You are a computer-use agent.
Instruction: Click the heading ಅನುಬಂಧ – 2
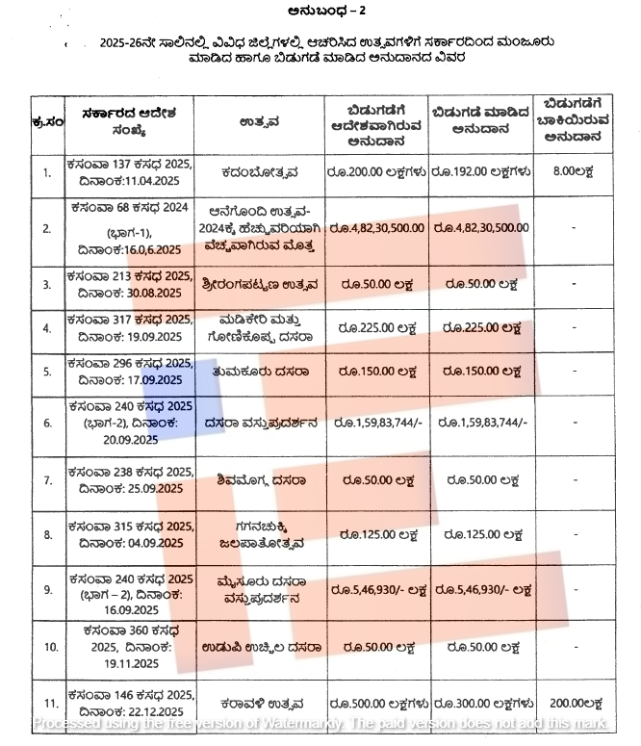(x=320, y=12)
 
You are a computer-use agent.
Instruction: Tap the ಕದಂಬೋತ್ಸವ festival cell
(x=259, y=173)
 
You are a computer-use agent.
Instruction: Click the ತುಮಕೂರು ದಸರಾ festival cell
(x=259, y=370)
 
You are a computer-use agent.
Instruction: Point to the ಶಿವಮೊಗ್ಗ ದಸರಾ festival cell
(x=259, y=479)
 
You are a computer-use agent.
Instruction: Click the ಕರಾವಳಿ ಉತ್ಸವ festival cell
(x=259, y=703)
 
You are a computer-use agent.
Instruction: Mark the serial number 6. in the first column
(x=47, y=423)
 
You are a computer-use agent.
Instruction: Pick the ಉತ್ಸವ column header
(x=259, y=122)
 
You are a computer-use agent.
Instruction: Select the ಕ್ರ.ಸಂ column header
(x=47, y=122)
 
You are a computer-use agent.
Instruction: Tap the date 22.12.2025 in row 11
(x=154, y=709)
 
